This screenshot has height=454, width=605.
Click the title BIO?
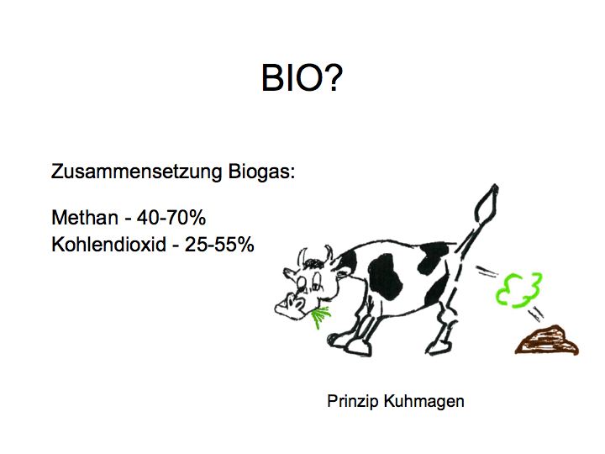302,77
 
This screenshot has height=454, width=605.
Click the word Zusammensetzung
136,172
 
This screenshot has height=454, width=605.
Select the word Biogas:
261,172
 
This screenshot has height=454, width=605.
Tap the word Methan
85,218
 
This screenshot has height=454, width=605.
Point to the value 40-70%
171,218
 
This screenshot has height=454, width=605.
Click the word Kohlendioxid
108,244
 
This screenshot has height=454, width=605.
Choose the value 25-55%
219,245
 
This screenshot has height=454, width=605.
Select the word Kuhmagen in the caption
423,402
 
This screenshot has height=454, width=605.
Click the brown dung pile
547,340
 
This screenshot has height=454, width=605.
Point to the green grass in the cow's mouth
320,317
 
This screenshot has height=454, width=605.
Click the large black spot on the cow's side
385,277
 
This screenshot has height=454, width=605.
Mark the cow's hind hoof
439,348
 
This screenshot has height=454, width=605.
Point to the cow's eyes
309,284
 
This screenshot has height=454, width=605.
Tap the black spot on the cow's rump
434,257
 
